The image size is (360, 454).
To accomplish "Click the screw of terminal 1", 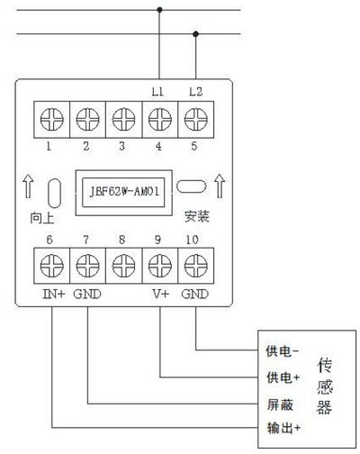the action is (x=52, y=120).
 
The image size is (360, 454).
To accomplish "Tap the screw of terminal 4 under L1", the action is (x=160, y=120).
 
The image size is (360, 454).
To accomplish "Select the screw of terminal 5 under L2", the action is (x=196, y=120).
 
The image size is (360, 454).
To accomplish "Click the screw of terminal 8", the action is (x=123, y=266).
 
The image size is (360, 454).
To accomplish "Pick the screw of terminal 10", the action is (x=196, y=266).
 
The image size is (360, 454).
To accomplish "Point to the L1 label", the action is (x=157, y=92).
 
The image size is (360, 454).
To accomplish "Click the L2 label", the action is (x=196, y=92).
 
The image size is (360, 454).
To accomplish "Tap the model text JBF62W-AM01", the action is (x=124, y=192).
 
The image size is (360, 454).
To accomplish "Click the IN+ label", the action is (x=54, y=294).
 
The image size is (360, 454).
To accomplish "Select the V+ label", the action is (x=161, y=294).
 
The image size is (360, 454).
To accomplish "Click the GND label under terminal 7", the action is (x=87, y=294).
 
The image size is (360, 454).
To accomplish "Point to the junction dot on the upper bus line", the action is (x=159, y=10).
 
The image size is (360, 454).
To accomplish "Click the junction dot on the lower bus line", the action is (x=196, y=34).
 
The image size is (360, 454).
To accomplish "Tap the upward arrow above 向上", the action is (x=28, y=186).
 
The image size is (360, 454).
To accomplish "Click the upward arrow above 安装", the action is (x=220, y=186).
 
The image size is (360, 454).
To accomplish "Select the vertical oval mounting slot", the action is (x=55, y=193).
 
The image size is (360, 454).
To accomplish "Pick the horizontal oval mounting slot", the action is (x=192, y=186).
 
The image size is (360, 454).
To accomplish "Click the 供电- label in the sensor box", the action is (x=283, y=351).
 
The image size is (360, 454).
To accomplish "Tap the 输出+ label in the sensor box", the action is (x=283, y=428).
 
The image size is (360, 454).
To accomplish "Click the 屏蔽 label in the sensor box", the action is (x=280, y=404).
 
